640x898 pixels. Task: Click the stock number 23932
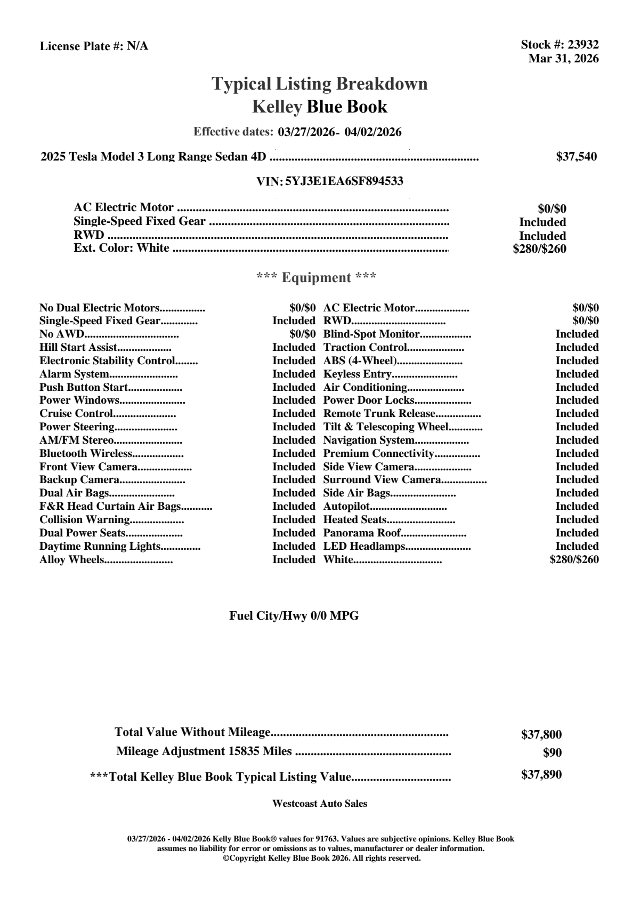pos(583,45)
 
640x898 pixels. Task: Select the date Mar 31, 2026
pos(563,59)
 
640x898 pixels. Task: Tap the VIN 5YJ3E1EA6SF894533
pos(344,181)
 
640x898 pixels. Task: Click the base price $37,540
pos(577,157)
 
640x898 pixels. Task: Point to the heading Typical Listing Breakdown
pos(320,84)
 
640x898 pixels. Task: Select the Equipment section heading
pos(317,278)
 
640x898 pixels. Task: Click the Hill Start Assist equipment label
pos(78,348)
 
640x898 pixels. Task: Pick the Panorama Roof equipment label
pos(362,533)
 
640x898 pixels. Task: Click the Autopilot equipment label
pos(346,507)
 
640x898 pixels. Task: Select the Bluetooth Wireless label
pos(85,454)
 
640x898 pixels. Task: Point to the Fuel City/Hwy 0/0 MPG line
pos(294,616)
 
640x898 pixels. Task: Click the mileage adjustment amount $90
pos(552,753)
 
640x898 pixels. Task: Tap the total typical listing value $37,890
pos(541,775)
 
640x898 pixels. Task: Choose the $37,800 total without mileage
pos(541,735)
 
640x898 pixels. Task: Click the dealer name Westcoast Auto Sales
pos(320,804)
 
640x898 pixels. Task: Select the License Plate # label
pos(82,46)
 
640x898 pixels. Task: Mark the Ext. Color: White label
pos(121,248)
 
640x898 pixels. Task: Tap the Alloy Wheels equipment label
pos(71,560)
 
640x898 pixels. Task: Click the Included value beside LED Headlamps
pos(577,547)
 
